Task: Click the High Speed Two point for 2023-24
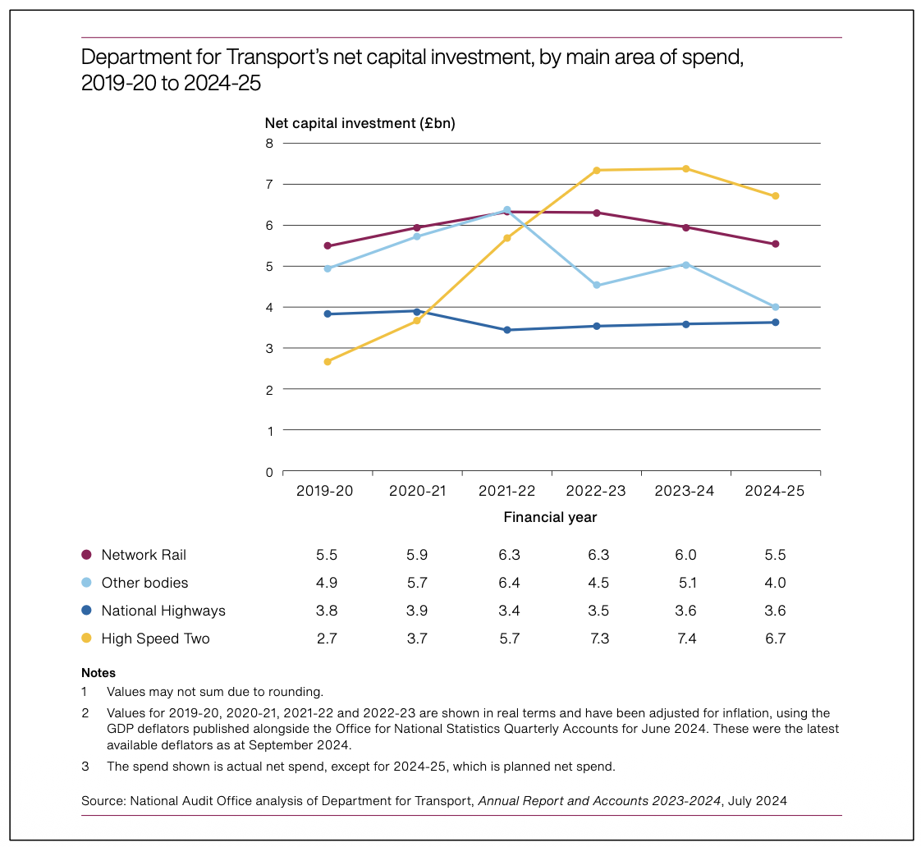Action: tap(685, 169)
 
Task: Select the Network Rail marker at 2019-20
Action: tap(328, 245)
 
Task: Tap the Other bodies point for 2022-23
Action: tap(596, 286)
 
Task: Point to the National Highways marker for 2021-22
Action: tap(506, 330)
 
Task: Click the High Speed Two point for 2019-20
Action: tap(328, 361)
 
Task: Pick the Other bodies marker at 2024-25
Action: tap(775, 307)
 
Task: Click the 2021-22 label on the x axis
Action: tap(506, 491)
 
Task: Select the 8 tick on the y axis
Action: tap(268, 143)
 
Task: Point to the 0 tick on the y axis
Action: tap(268, 472)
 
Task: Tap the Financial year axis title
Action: tap(550, 517)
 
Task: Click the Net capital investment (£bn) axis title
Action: tap(360, 124)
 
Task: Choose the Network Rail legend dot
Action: tap(87, 555)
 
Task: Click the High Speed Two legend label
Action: tap(155, 639)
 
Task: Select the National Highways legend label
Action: tap(163, 611)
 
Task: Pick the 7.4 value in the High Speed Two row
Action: tap(685, 639)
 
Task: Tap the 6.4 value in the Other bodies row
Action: tap(509, 583)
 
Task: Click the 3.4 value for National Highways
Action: tap(509, 611)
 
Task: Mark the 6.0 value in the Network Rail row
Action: tap(685, 555)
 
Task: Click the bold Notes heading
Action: tap(99, 673)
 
